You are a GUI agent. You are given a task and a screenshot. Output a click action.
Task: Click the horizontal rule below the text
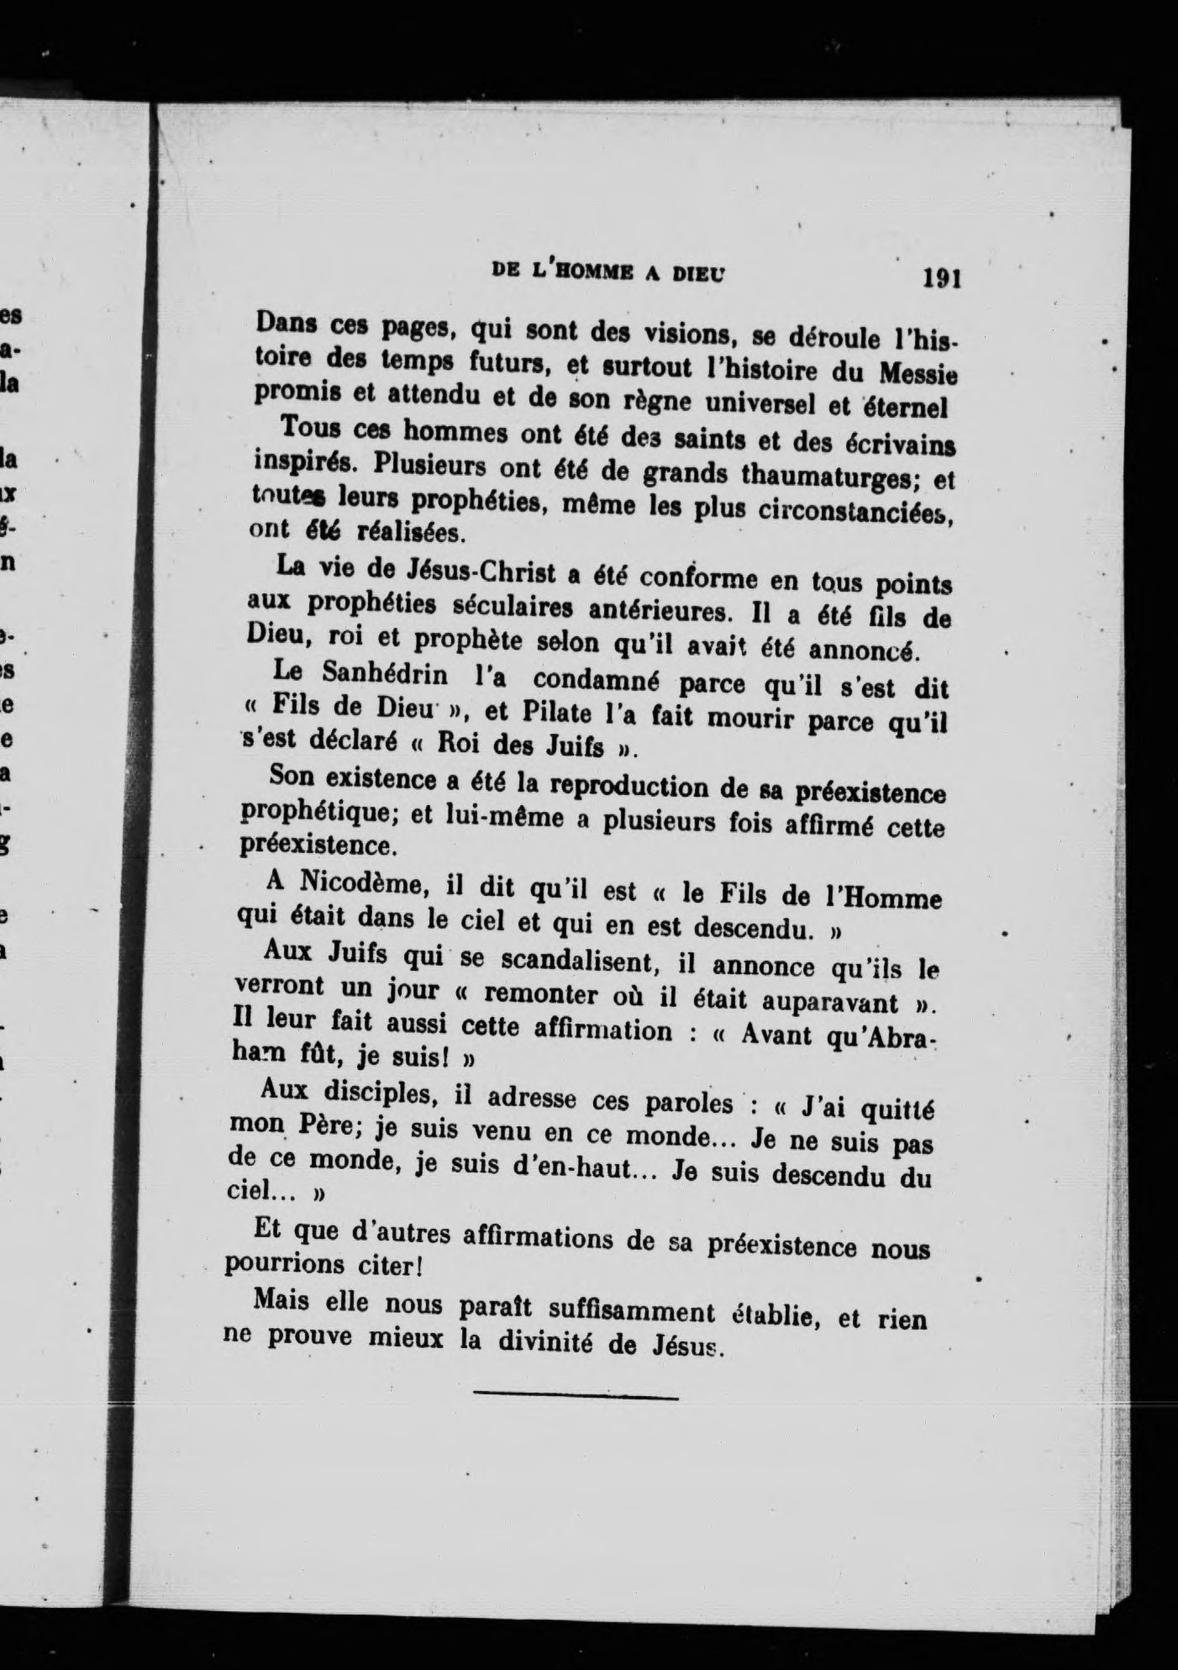coord(576,1398)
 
